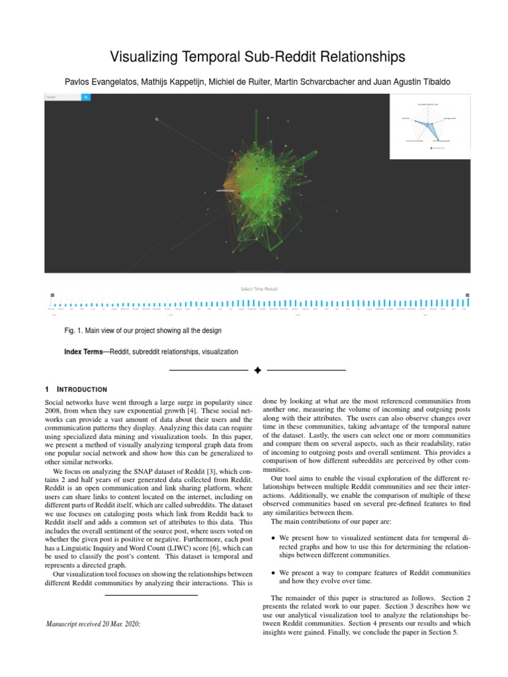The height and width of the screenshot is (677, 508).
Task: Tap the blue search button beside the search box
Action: click(x=86, y=97)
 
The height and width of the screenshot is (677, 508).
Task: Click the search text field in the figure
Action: click(x=63, y=97)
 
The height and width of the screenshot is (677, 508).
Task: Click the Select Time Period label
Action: click(x=259, y=289)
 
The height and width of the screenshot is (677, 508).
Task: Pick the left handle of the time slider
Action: click(x=52, y=296)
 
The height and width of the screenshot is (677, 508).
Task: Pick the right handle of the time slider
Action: click(x=468, y=296)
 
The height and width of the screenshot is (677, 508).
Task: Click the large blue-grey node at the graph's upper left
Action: click(x=157, y=120)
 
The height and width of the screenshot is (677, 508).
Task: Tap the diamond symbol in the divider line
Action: click(x=258, y=370)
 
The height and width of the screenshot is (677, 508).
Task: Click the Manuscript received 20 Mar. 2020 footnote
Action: click(x=93, y=623)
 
